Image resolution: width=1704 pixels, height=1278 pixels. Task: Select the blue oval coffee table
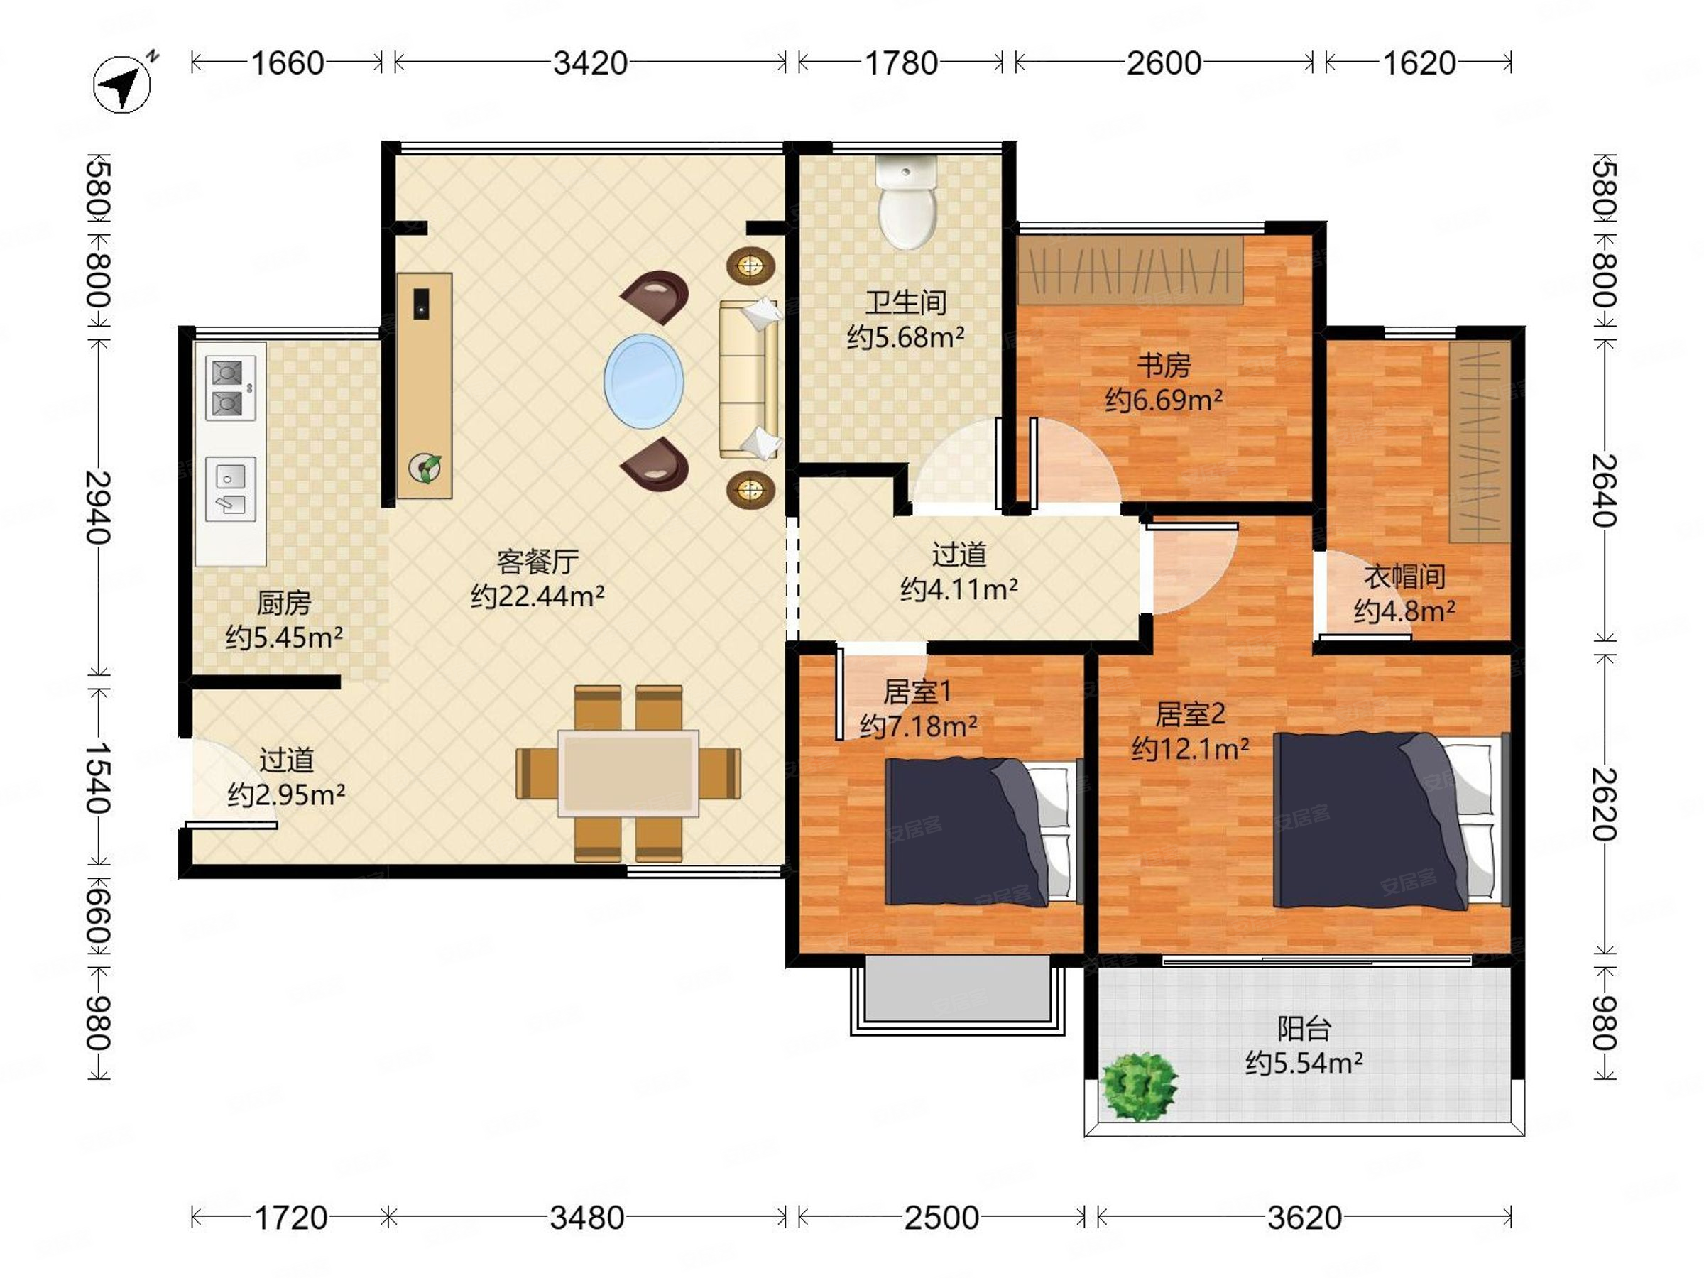pos(643,381)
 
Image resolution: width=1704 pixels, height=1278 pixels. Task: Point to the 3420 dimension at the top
pos(590,63)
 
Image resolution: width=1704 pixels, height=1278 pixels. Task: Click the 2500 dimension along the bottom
pos(941,1218)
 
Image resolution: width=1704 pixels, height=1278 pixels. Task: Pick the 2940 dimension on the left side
pos(99,507)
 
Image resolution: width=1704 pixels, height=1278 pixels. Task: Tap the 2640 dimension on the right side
pos(1605,490)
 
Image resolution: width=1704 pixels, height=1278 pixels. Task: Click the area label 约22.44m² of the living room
pos(537,596)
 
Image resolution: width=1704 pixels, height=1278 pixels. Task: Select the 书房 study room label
pos(1164,365)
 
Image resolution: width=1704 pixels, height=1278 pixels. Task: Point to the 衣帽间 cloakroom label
pos(1404,577)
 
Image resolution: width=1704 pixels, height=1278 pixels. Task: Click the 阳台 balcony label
pos(1304,1028)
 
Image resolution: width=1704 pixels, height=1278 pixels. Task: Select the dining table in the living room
pos(628,772)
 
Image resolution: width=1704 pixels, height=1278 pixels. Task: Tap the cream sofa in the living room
pos(750,379)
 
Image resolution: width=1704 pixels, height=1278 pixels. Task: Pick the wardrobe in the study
pos(1130,270)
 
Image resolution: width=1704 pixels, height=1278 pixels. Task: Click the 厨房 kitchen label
pos(283,603)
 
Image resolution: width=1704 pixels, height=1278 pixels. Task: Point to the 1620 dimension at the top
pos(1419,63)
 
